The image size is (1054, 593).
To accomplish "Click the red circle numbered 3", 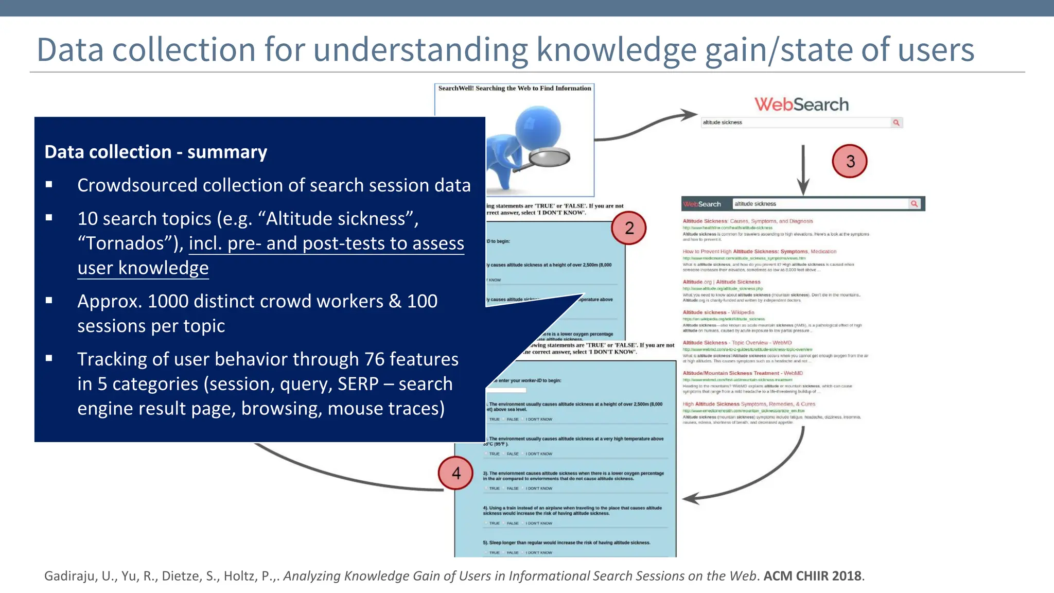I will (x=850, y=161).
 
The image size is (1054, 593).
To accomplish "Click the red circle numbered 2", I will (x=628, y=228).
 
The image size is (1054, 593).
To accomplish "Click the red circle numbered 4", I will (x=456, y=473).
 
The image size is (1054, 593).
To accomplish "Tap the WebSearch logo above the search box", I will (x=801, y=104).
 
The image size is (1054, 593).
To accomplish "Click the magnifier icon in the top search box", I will (x=897, y=123).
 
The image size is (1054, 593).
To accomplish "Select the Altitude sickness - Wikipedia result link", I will (x=718, y=312).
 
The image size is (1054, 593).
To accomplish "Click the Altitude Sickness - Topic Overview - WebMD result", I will (x=737, y=343).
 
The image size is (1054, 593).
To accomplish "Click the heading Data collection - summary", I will (x=155, y=152).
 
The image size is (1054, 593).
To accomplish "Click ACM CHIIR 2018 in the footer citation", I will (x=812, y=576).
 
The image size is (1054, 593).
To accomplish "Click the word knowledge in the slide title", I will (x=616, y=50).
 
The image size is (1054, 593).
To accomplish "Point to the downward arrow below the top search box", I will (x=803, y=170).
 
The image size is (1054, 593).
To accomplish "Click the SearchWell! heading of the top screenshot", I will (x=514, y=89).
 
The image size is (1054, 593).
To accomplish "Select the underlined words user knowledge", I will (x=143, y=268).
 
